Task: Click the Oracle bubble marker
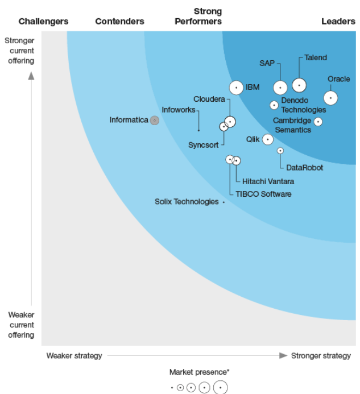tap(330, 98)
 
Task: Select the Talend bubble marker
tap(299, 85)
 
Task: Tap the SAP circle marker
tap(280, 88)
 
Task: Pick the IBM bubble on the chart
tap(236, 88)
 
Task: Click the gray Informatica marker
tap(154, 121)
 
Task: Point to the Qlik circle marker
tap(267, 139)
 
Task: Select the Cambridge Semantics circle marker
tap(318, 122)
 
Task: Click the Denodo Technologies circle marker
tap(274, 105)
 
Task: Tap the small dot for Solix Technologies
tap(224, 202)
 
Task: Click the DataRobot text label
tap(304, 168)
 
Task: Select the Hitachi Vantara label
tap(268, 181)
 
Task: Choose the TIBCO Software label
tap(263, 194)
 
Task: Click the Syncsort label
tap(203, 145)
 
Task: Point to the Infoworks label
tap(179, 109)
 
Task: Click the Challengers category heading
tap(43, 22)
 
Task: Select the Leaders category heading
tap(338, 22)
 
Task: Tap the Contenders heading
tap(119, 22)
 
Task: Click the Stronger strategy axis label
tap(321, 356)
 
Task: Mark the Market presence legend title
tap(199, 372)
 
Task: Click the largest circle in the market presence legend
tap(220, 388)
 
